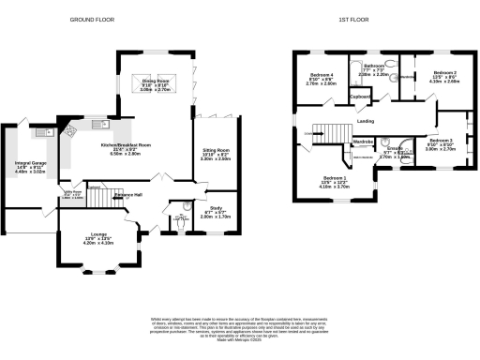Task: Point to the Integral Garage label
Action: (32, 167)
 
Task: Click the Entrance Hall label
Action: (127, 194)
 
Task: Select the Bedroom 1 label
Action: (335, 178)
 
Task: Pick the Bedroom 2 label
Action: (445, 72)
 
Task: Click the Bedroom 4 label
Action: (322, 74)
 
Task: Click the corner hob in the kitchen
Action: (68, 133)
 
